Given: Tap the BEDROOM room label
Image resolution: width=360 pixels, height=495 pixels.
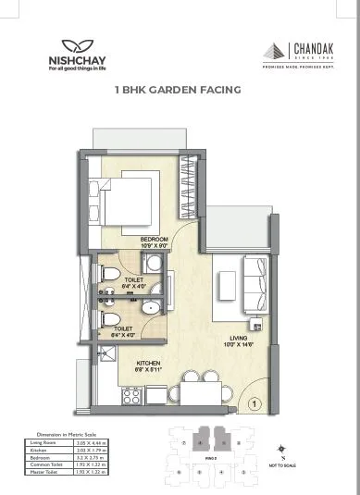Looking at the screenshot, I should coord(155,239).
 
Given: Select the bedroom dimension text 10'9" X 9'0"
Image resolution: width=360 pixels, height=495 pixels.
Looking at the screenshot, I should coord(155,246).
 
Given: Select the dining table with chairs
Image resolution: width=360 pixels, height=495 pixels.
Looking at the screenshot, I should coord(193,388).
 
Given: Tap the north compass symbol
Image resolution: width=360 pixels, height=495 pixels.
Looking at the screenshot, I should coord(282,453).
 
